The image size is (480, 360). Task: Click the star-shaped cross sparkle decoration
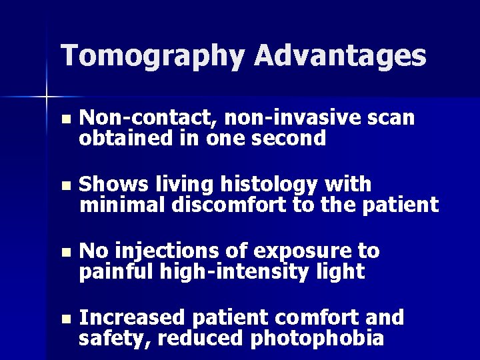[47, 97]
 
